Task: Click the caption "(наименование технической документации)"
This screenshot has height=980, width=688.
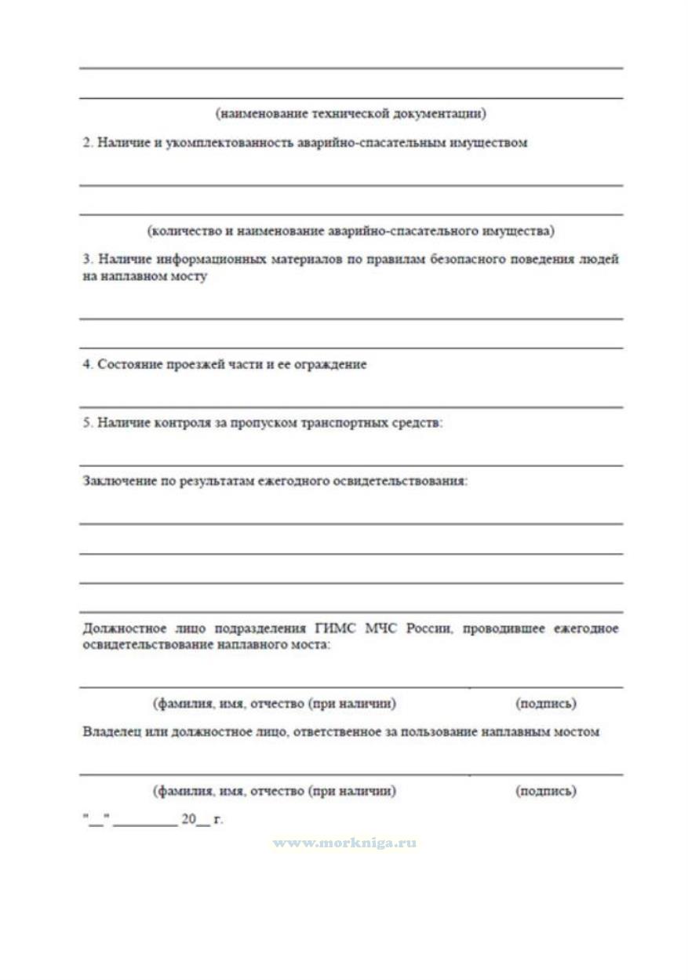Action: pos(351,114)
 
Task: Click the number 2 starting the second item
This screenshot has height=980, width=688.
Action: pos(86,143)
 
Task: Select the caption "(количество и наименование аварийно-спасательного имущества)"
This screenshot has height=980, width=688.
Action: pos(351,231)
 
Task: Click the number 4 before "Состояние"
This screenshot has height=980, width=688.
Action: pos(86,365)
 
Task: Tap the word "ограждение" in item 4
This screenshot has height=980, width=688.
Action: pos(331,365)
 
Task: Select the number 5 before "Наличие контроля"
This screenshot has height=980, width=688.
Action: pos(86,423)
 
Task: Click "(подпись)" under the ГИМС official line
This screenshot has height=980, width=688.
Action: pos(546,704)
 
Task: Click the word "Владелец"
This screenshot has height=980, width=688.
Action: pos(111,731)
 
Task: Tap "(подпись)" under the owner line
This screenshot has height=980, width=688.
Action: pos(546,791)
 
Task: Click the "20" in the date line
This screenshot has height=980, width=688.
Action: pos(188,819)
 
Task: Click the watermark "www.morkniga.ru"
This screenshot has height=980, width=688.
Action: pos(344,843)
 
